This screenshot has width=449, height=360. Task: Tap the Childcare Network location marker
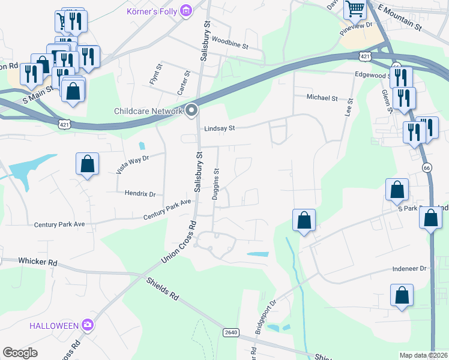coord(192,110)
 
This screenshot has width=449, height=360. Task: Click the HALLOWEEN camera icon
coord(88,325)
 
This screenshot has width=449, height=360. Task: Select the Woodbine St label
coord(230,42)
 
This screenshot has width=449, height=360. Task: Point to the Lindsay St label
coord(218,128)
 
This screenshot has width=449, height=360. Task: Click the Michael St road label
coord(322,97)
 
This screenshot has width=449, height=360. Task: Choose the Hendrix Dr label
coord(140,194)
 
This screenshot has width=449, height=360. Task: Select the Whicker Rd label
coord(37,262)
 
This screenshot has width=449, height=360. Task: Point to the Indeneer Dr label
coord(409,269)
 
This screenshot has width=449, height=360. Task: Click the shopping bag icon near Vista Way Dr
coord(87,163)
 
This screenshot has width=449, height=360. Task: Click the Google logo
coord(20,353)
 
